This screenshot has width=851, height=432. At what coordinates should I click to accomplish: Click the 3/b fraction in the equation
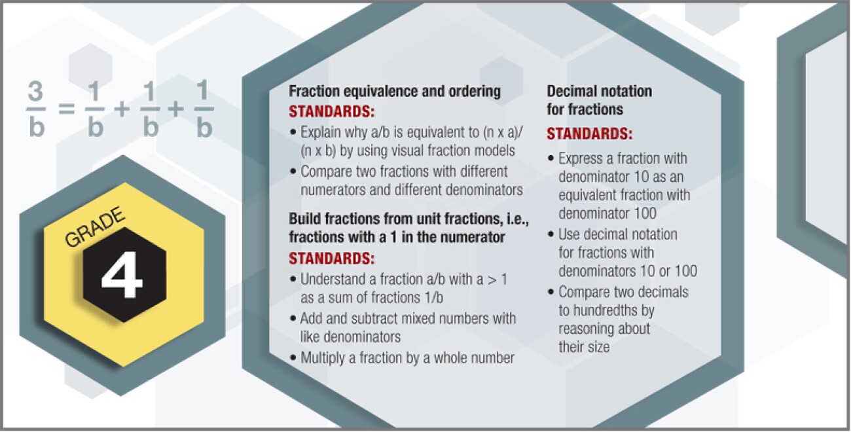click(37, 112)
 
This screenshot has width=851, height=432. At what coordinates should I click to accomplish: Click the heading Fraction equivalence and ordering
click(395, 92)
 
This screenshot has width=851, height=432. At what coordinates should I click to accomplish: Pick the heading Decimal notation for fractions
click(599, 99)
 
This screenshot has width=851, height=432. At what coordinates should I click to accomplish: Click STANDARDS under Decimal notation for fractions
click(590, 134)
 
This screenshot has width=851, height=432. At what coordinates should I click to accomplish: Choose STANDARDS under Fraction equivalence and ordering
click(332, 110)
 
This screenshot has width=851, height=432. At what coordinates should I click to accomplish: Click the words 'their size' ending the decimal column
click(584, 347)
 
